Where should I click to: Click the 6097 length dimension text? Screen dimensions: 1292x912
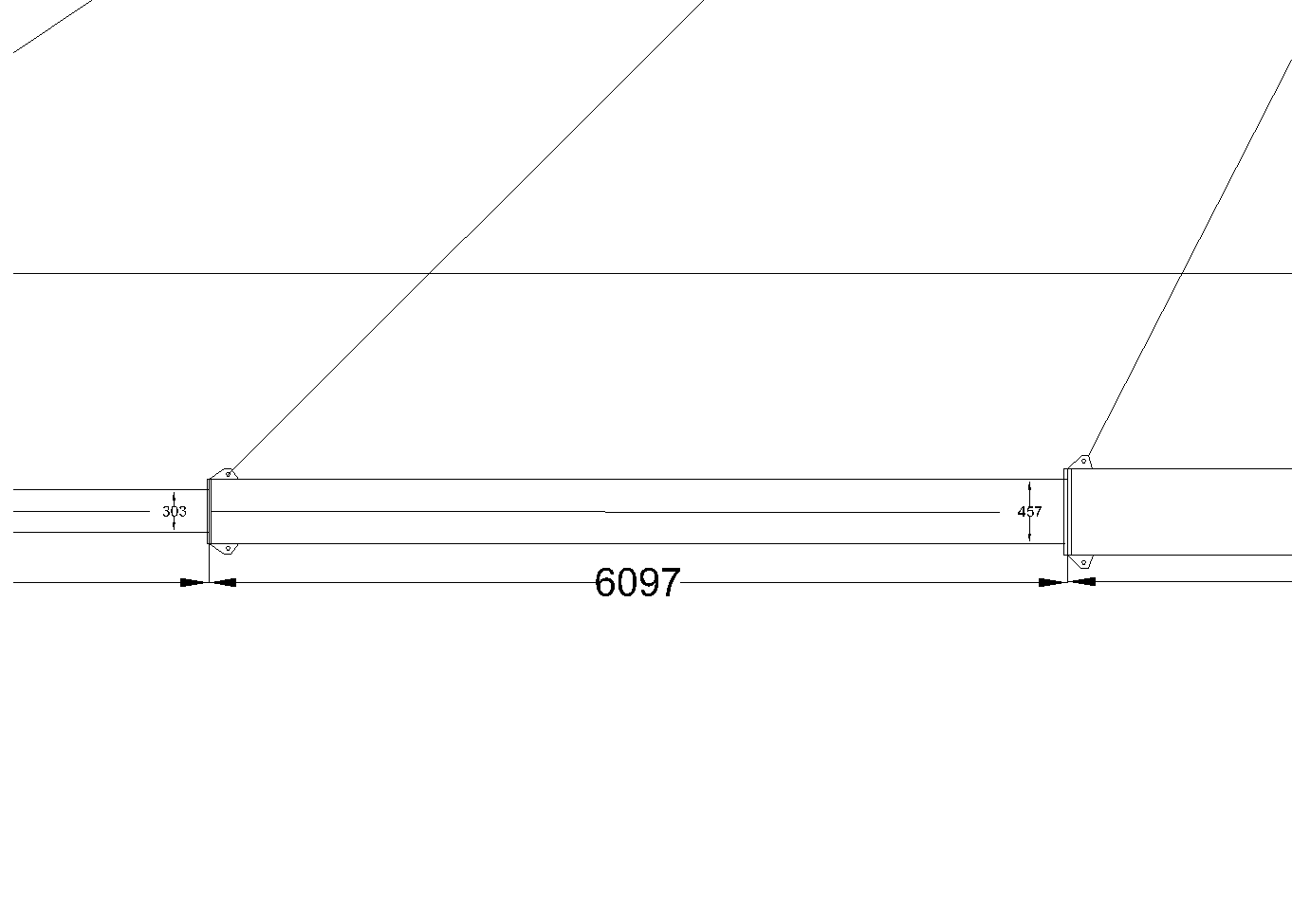(x=637, y=582)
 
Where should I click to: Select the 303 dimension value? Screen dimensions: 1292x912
(x=175, y=511)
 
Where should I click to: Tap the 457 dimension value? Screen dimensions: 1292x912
(x=1029, y=511)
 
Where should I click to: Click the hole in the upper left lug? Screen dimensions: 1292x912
(x=229, y=474)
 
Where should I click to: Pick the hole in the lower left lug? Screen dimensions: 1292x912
(x=228, y=548)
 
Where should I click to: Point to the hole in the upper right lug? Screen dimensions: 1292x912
(x=1083, y=461)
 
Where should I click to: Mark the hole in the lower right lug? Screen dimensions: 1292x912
(x=1083, y=562)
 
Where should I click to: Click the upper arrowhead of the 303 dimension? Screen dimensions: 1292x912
(x=174, y=497)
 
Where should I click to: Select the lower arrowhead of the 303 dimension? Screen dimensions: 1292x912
(x=174, y=525)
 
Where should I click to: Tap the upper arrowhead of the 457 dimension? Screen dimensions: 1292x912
(x=1029, y=487)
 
